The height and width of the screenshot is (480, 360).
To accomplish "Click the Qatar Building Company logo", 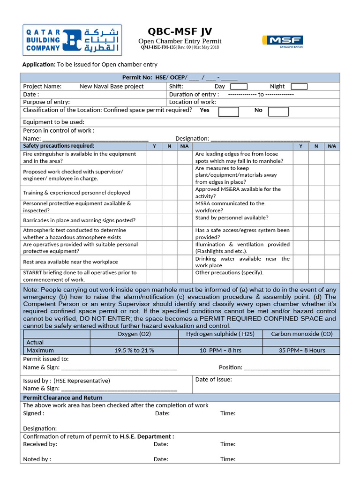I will point(72,40).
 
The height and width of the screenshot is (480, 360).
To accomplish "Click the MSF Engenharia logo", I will point(282,41).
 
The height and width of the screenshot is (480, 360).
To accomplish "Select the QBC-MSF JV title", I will point(180,31).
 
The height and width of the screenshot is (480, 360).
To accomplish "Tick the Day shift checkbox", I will point(239,86).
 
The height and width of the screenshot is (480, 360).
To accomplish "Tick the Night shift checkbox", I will point(299,86).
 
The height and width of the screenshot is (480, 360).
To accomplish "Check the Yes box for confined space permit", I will point(229,112).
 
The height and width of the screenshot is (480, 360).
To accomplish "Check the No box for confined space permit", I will point(278,112).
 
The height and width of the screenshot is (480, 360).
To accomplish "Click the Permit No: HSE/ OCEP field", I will point(180,78).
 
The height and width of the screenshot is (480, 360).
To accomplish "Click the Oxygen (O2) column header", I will point(134,334).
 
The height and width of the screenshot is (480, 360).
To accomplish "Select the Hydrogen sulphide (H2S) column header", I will point(220,334).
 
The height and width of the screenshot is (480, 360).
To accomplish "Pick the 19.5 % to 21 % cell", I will point(134,350).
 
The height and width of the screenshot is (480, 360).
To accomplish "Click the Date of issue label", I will point(213,379).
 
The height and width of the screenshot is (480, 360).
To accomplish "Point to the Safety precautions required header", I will point(59,146).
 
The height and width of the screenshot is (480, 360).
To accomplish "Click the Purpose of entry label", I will point(46,102).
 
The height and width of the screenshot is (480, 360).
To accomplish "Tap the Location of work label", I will point(192,102).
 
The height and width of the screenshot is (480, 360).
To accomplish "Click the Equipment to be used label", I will point(53,122).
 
